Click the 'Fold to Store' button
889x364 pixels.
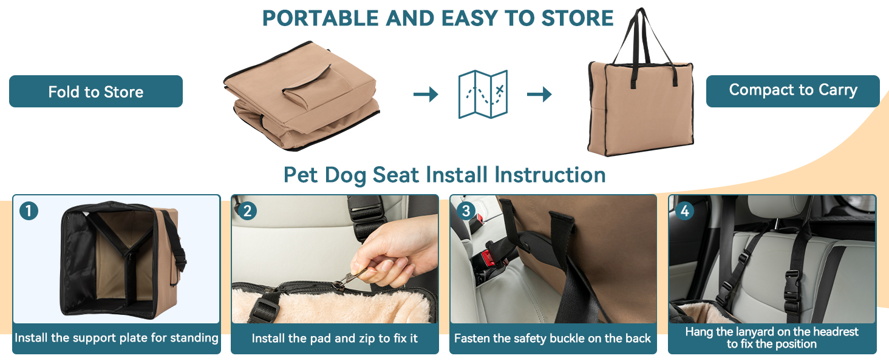tap(96, 92)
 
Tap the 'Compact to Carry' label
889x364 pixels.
tap(792, 90)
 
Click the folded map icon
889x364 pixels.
tap(482, 94)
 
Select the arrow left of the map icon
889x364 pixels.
tap(426, 94)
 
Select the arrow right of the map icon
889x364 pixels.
tap(539, 94)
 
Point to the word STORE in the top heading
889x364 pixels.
tap(577, 18)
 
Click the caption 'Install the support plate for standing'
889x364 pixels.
tap(117, 338)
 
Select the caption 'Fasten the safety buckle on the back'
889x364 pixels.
tap(553, 338)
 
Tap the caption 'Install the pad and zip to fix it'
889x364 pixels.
tap(335, 338)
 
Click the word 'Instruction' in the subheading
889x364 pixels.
tap(550, 175)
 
